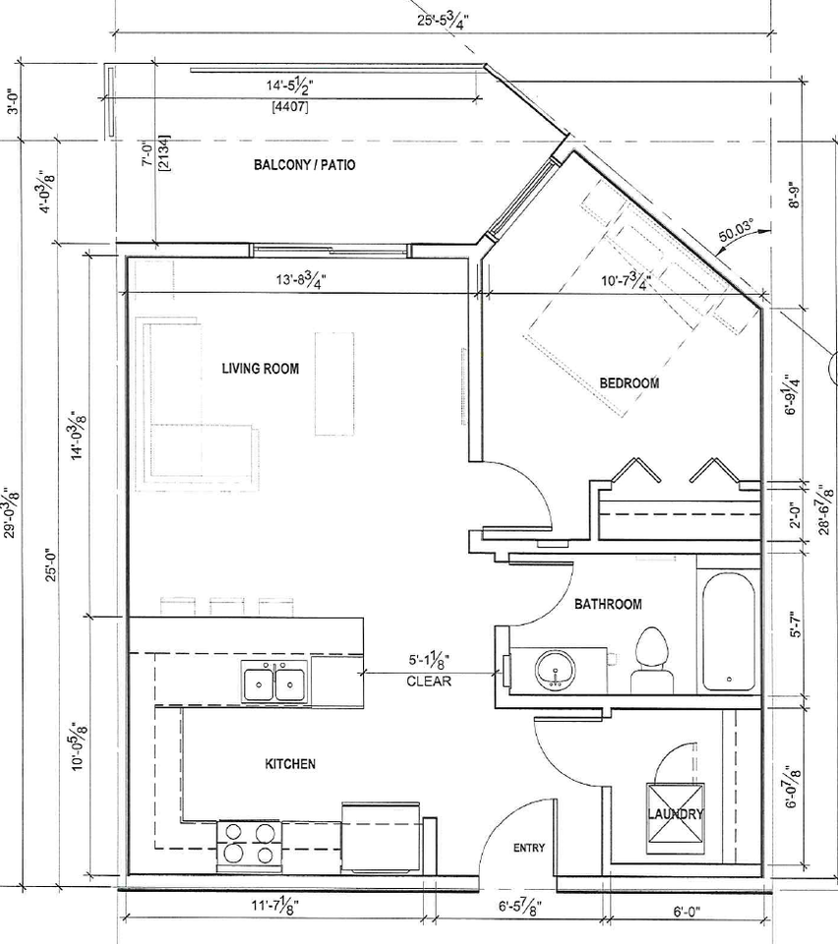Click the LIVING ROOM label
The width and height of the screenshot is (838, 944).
point(260,369)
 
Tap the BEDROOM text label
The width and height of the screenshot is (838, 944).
point(629,383)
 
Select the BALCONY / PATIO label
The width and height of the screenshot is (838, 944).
point(304,165)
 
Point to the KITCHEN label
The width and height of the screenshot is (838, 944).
point(290,764)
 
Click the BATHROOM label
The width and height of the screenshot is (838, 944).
point(608,604)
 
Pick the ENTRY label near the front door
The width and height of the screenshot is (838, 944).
point(529,849)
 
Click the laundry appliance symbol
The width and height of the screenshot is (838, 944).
point(675,812)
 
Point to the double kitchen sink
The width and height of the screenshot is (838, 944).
point(274,681)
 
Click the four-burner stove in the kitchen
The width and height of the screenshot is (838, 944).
point(246,842)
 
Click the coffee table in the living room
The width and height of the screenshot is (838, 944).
point(333,383)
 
